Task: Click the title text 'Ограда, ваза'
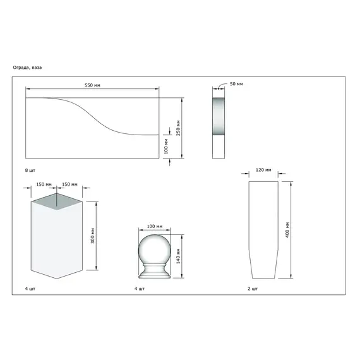(x=27, y=68)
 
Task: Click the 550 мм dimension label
(x=92, y=85)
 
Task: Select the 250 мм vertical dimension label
(x=178, y=128)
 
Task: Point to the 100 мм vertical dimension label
(x=166, y=147)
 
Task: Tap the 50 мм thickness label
(x=236, y=84)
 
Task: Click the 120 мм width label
(x=263, y=170)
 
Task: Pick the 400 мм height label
(x=287, y=230)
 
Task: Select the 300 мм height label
(x=92, y=236)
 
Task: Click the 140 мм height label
(x=178, y=256)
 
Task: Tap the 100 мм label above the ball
(x=155, y=226)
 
